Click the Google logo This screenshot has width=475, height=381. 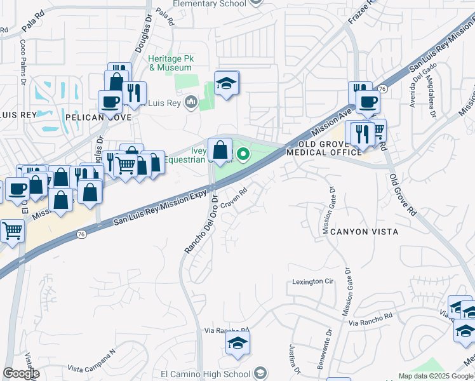21,373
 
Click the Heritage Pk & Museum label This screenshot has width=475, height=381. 170,63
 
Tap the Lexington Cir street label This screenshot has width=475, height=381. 312,281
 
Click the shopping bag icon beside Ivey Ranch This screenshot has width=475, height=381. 220,151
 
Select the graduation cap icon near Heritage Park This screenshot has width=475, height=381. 226,84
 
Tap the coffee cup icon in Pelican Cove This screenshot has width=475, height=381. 110,102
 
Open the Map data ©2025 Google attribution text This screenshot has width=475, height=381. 436,376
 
